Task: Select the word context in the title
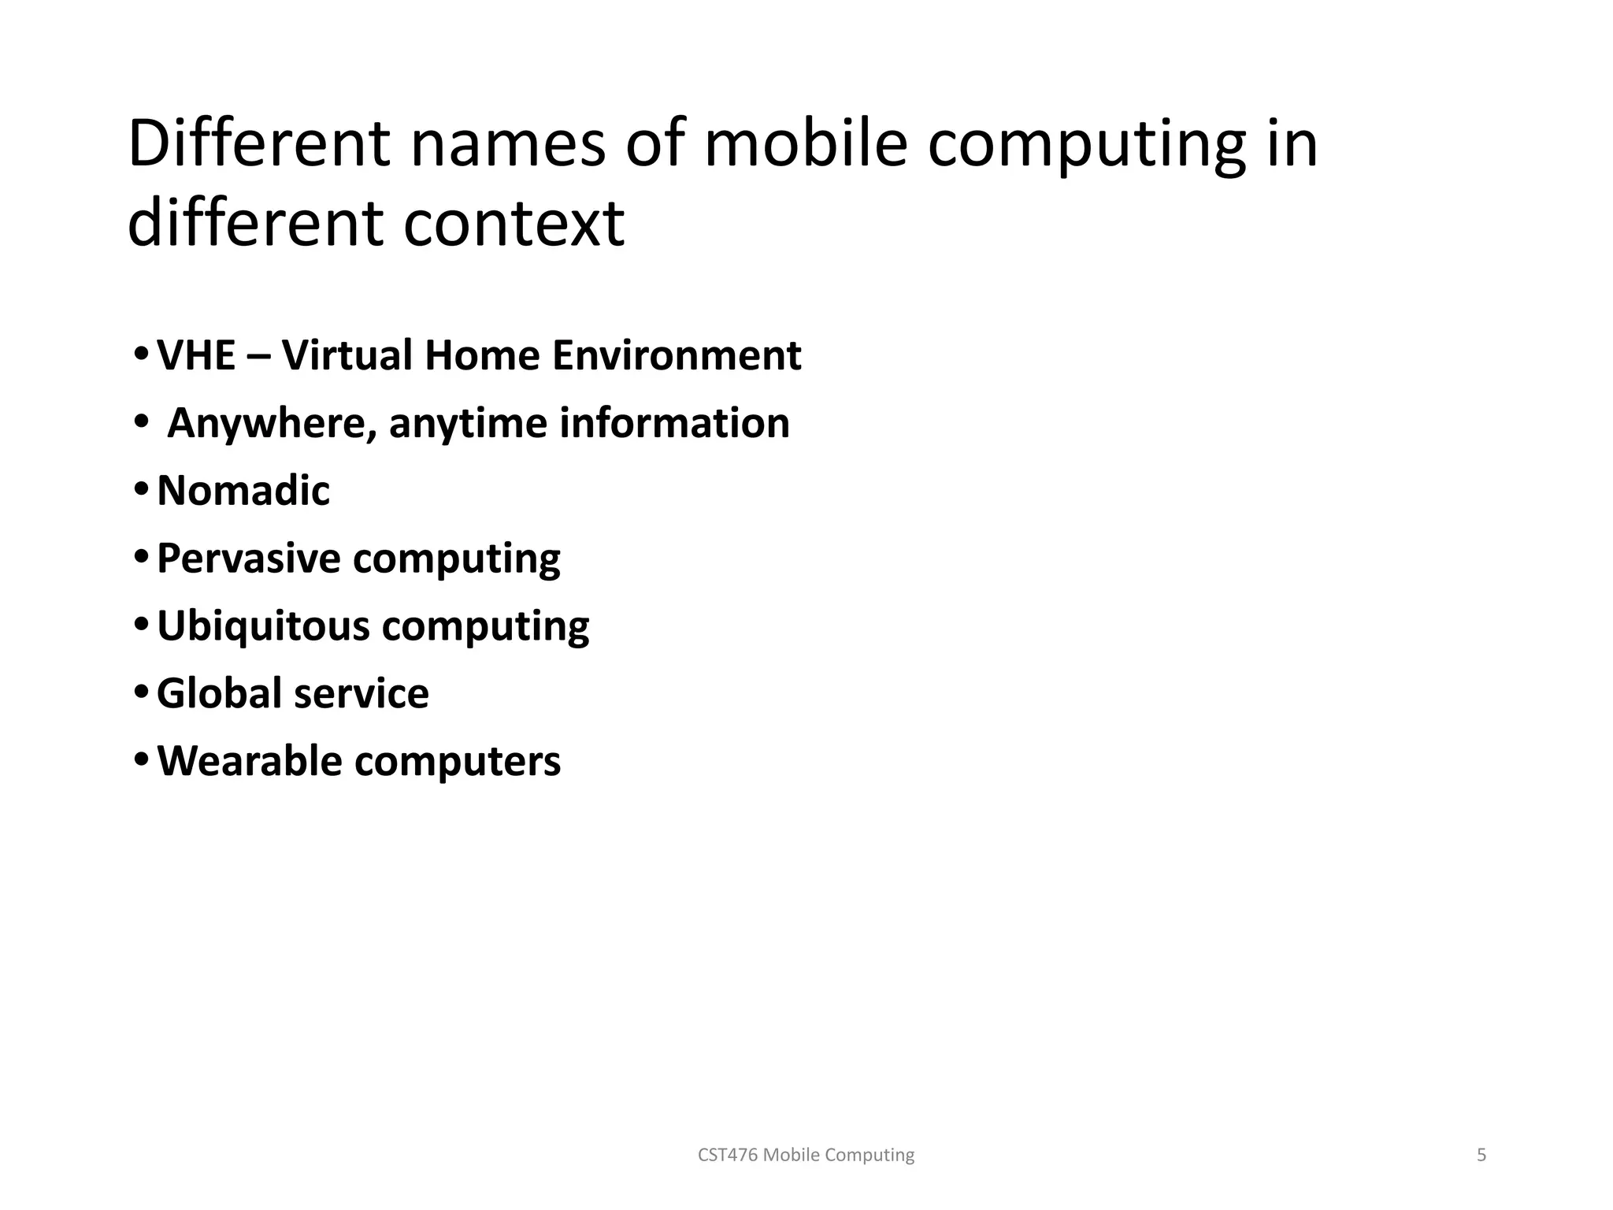click(514, 224)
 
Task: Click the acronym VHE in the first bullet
click(196, 355)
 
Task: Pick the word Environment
click(676, 355)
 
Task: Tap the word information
click(674, 423)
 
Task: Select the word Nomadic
click(243, 491)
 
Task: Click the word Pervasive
click(248, 559)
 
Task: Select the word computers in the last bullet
click(458, 762)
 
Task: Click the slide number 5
click(1481, 1155)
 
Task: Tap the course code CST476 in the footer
click(729, 1155)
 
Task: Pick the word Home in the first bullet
click(481, 355)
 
